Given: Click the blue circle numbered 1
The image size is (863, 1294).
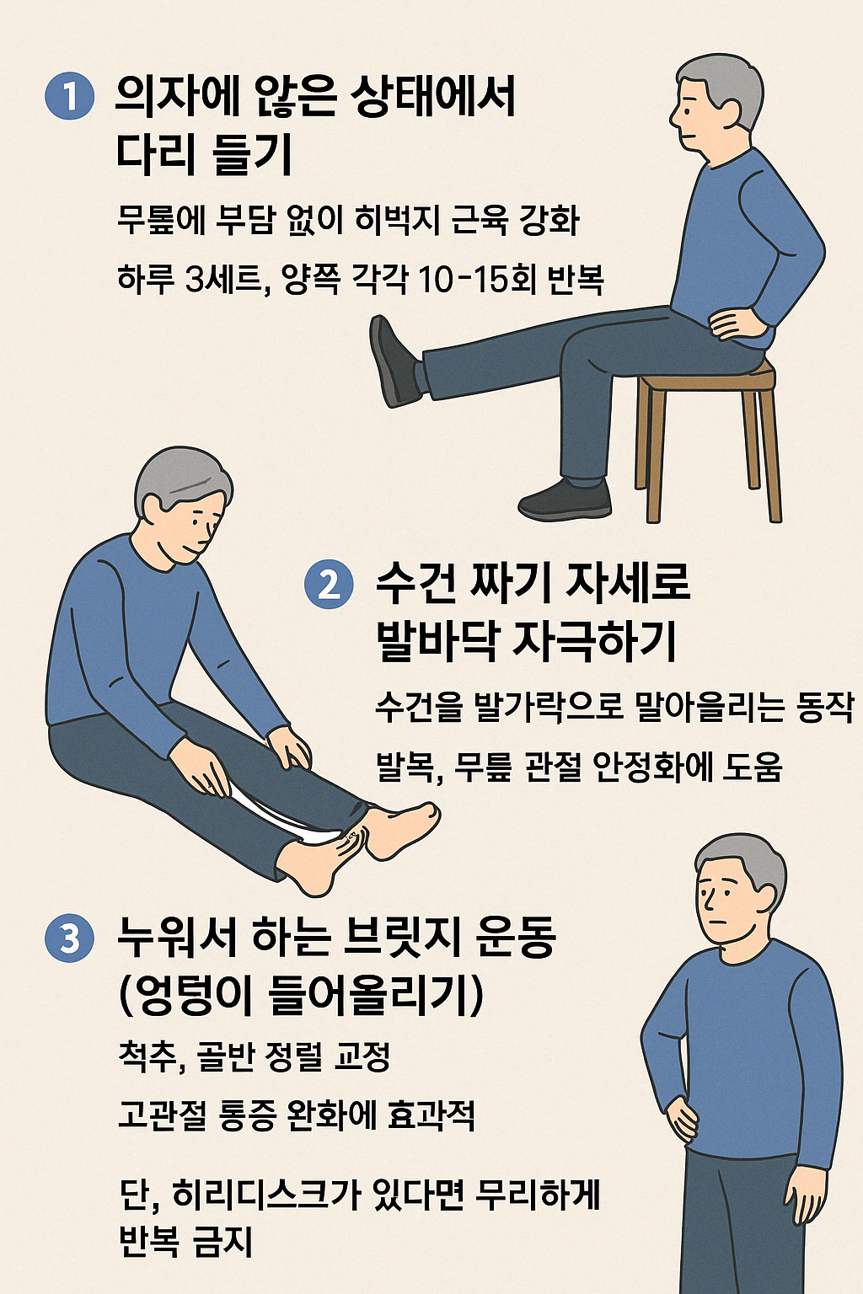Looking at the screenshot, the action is [x=69, y=96].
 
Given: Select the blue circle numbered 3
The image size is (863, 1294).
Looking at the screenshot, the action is [x=69, y=938].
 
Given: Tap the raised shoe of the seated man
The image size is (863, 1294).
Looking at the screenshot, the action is [x=396, y=361].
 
